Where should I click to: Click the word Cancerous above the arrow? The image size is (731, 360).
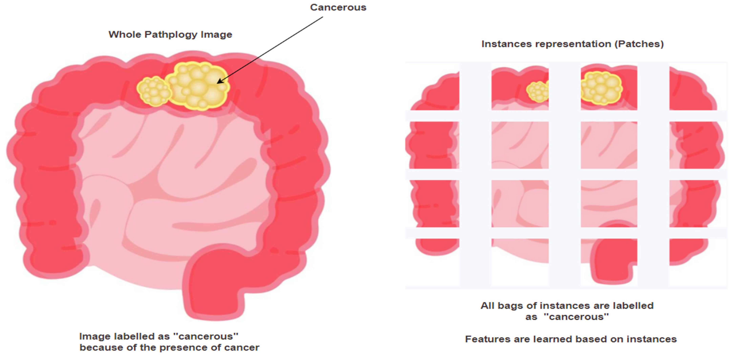coord(338,7)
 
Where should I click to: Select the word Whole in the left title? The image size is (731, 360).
coord(125,35)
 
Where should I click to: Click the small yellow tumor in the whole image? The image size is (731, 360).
coord(154,91)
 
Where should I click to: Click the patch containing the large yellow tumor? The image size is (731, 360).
coord(609,88)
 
